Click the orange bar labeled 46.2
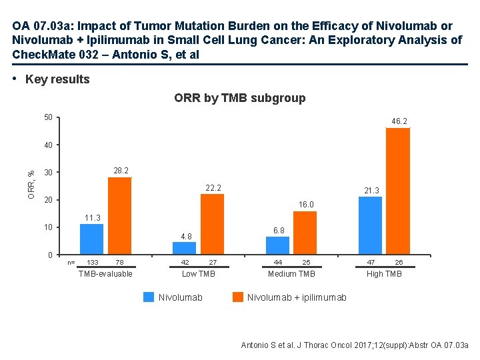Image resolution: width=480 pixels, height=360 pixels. [x=397, y=191]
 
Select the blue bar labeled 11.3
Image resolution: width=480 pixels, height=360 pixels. [x=91, y=239]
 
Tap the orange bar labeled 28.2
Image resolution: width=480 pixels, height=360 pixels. [x=119, y=216]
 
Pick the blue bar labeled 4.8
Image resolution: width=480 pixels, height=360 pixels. [x=184, y=248]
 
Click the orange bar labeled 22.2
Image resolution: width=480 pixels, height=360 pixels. [x=212, y=224]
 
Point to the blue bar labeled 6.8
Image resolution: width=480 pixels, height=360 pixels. [x=277, y=245]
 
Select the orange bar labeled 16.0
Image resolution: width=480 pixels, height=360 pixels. [x=305, y=233]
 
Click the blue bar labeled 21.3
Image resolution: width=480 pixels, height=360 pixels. [x=370, y=225]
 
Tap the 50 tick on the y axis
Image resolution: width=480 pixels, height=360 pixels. [x=47, y=118]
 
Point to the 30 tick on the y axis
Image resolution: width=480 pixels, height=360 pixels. [x=47, y=173]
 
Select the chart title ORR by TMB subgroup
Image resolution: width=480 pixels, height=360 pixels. [x=240, y=98]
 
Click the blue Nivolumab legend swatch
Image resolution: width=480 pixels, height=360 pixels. [x=149, y=297]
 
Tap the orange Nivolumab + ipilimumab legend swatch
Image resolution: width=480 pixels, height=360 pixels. [x=238, y=297]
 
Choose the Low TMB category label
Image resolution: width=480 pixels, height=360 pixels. [x=199, y=274]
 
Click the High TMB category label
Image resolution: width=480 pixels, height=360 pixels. [x=384, y=274]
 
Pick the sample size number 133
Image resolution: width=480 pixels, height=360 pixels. [x=93, y=263]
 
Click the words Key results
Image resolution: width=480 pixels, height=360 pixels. [x=57, y=79]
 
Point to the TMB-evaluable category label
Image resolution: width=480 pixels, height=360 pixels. [x=105, y=274]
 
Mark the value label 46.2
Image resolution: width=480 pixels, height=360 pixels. [x=399, y=121]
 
